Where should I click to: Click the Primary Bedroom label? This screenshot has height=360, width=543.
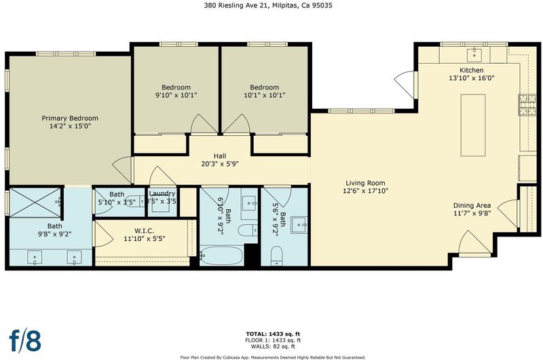pyautogui.click(x=70, y=118)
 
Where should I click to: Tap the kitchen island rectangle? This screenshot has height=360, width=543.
pyautogui.click(x=472, y=125)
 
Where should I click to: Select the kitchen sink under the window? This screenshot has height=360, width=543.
pyautogui.click(x=474, y=54)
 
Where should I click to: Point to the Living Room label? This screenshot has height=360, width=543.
pyautogui.click(x=365, y=183)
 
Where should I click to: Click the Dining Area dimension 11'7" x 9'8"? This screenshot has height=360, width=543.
pyautogui.click(x=472, y=213)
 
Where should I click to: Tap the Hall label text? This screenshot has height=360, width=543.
pyautogui.click(x=220, y=156)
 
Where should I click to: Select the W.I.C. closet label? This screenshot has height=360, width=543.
pyautogui.click(x=144, y=231)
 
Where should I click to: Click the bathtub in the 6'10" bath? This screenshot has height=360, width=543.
pyautogui.click(x=222, y=255)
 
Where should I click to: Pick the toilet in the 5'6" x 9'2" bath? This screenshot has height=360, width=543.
pyautogui.click(x=277, y=256)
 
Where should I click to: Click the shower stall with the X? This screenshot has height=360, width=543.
pyautogui.click(x=35, y=202)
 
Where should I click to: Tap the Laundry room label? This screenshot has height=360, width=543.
pyautogui.click(x=162, y=194)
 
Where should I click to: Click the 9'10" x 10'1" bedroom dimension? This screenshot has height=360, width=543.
pyautogui.click(x=176, y=95)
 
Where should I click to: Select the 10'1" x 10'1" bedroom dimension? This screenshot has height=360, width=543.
pyautogui.click(x=265, y=95)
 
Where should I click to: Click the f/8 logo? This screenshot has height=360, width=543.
pyautogui.click(x=25, y=340)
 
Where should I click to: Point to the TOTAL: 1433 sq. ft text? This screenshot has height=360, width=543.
pyautogui.click(x=273, y=334)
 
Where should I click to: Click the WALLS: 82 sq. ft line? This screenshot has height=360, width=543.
pyautogui.click(x=273, y=346)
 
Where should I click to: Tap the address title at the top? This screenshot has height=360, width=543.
pyautogui.click(x=268, y=5)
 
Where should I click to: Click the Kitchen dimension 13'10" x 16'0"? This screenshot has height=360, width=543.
pyautogui.click(x=472, y=78)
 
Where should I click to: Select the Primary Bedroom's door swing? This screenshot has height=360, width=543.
pyautogui.click(x=121, y=169)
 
